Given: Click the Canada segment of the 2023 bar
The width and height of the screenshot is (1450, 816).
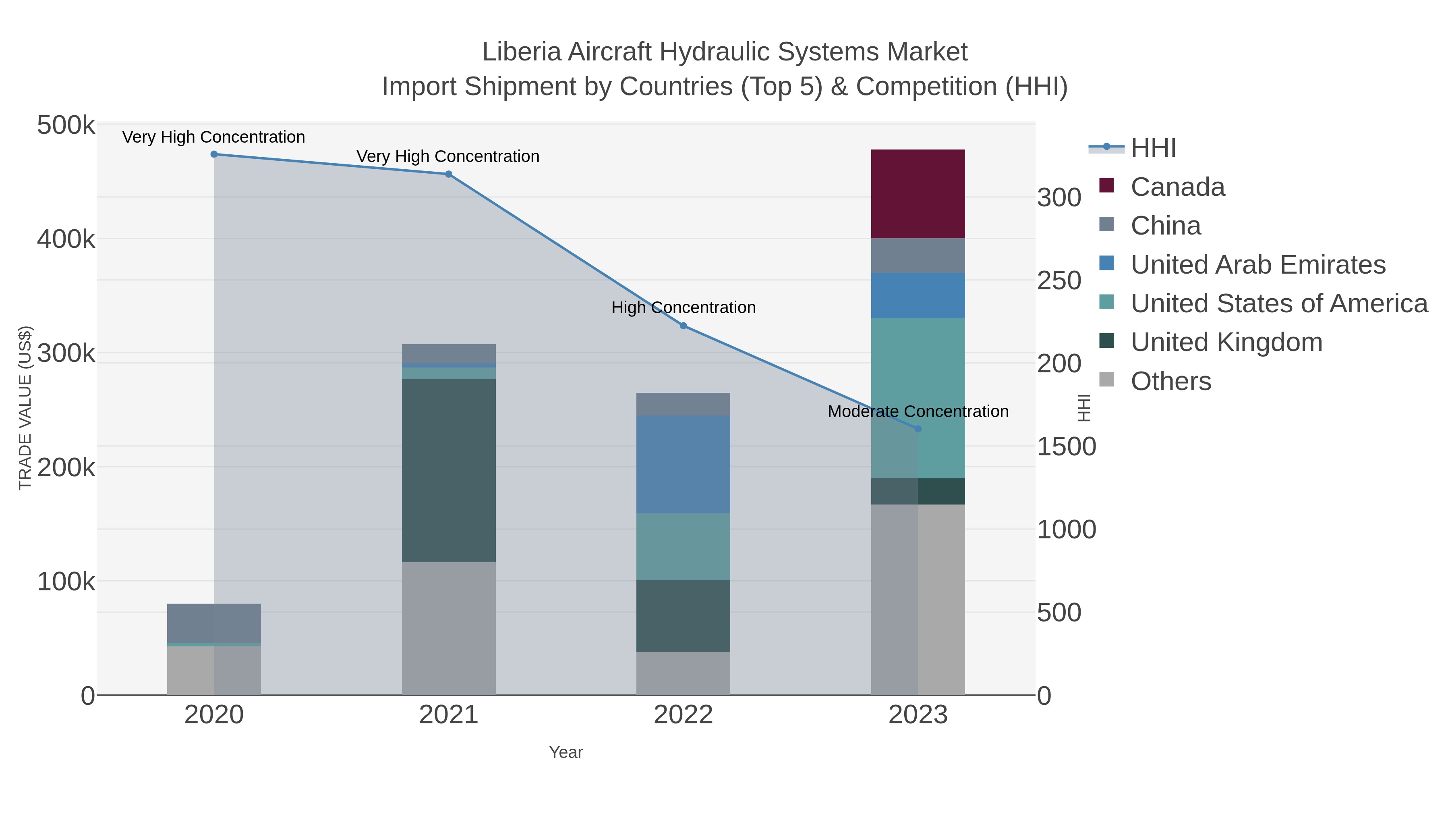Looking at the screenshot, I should [918, 194].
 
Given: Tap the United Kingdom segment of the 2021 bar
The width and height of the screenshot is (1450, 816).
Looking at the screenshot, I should [449, 470].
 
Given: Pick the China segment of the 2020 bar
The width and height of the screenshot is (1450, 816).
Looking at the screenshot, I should [214, 623].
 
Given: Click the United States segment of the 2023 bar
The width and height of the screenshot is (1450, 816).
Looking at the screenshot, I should [941, 398].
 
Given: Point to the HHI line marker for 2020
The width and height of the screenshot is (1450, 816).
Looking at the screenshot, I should [214, 154].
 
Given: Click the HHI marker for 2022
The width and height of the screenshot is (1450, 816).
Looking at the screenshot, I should [684, 326].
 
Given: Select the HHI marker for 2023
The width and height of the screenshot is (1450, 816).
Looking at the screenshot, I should [918, 429].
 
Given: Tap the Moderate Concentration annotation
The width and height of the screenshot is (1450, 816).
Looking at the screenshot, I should [918, 412].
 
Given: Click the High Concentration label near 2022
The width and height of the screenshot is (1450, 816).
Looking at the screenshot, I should [684, 307].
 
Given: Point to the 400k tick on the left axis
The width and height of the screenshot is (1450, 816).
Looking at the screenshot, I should [66, 239].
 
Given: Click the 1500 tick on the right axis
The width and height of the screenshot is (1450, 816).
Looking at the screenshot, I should [1066, 446].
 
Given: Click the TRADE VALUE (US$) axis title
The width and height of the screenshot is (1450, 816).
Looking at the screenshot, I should [25, 408].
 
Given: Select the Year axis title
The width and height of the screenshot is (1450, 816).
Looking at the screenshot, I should [566, 752].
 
